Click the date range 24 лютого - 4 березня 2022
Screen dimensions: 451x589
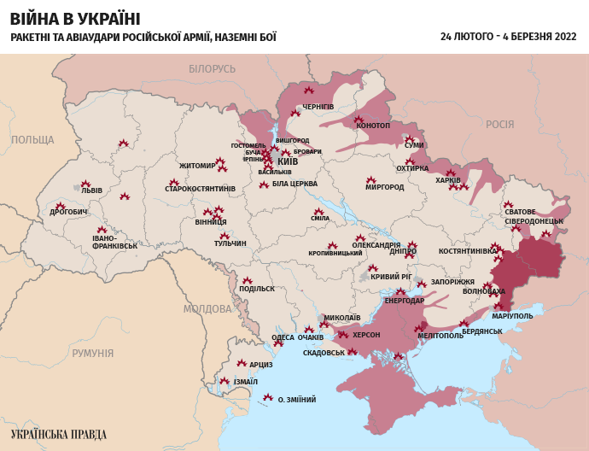508,37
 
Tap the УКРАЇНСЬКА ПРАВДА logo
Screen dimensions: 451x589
59,434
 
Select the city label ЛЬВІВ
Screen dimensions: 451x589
91,190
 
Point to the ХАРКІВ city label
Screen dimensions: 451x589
448,180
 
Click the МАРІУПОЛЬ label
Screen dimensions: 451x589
513,316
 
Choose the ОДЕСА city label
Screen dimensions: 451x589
283,337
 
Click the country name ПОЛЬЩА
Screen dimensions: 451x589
32,139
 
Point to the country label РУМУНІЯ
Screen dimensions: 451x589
92,353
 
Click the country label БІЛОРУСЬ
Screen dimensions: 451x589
212,68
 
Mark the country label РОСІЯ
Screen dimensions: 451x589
499,124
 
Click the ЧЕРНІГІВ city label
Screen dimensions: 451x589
318,107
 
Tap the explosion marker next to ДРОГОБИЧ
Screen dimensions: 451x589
61,206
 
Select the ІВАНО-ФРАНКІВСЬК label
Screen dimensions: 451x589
115,242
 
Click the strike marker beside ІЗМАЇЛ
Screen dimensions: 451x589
225,381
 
